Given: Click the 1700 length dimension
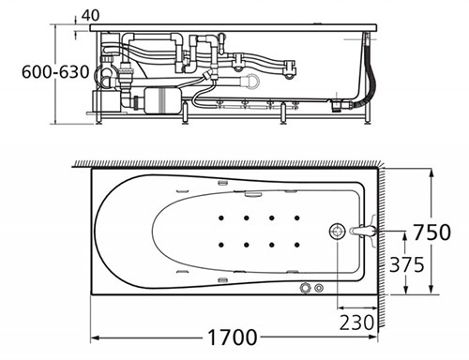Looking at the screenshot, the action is coord(232,337).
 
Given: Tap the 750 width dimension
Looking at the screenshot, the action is coord(431,232).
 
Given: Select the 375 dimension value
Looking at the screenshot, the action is coord(406,264).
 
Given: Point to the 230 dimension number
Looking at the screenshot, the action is coord(356,322).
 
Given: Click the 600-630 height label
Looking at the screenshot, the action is coord(55,72).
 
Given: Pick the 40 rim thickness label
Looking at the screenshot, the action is coord(90,15).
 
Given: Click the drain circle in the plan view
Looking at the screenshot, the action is coord(337,232).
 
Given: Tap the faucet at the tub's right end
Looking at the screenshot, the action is coord(364,232).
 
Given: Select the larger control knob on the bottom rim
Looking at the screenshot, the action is coord(305,288).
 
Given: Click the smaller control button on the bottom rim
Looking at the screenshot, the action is coord(319,288).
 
